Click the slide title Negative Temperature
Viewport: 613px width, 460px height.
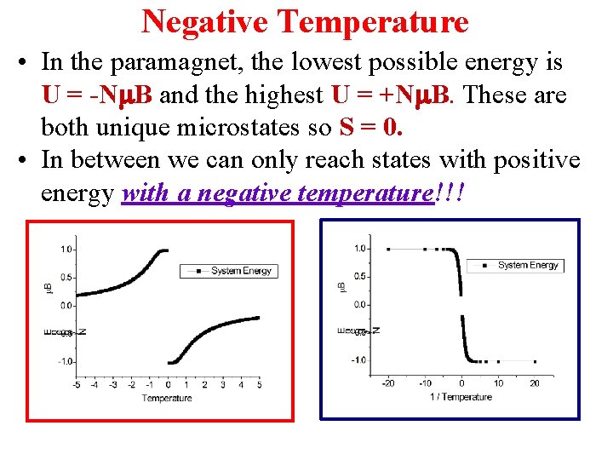click(305, 20)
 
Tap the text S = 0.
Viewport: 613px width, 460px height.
click(370, 127)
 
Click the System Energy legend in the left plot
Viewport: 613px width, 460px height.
click(228, 271)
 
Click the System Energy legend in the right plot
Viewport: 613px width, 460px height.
click(517, 265)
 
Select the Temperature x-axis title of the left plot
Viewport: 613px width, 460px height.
click(167, 398)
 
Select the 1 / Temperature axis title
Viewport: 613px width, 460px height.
click(461, 397)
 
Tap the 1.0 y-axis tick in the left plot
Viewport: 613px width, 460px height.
click(66, 249)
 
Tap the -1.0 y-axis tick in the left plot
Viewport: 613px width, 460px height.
click(64, 362)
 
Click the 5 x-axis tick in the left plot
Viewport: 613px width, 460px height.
click(259, 385)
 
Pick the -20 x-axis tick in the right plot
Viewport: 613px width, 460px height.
click(387, 383)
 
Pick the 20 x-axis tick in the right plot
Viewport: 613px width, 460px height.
click(535, 383)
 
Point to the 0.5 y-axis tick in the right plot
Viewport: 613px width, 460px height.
click(362, 276)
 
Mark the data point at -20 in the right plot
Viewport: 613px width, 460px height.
click(388, 249)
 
